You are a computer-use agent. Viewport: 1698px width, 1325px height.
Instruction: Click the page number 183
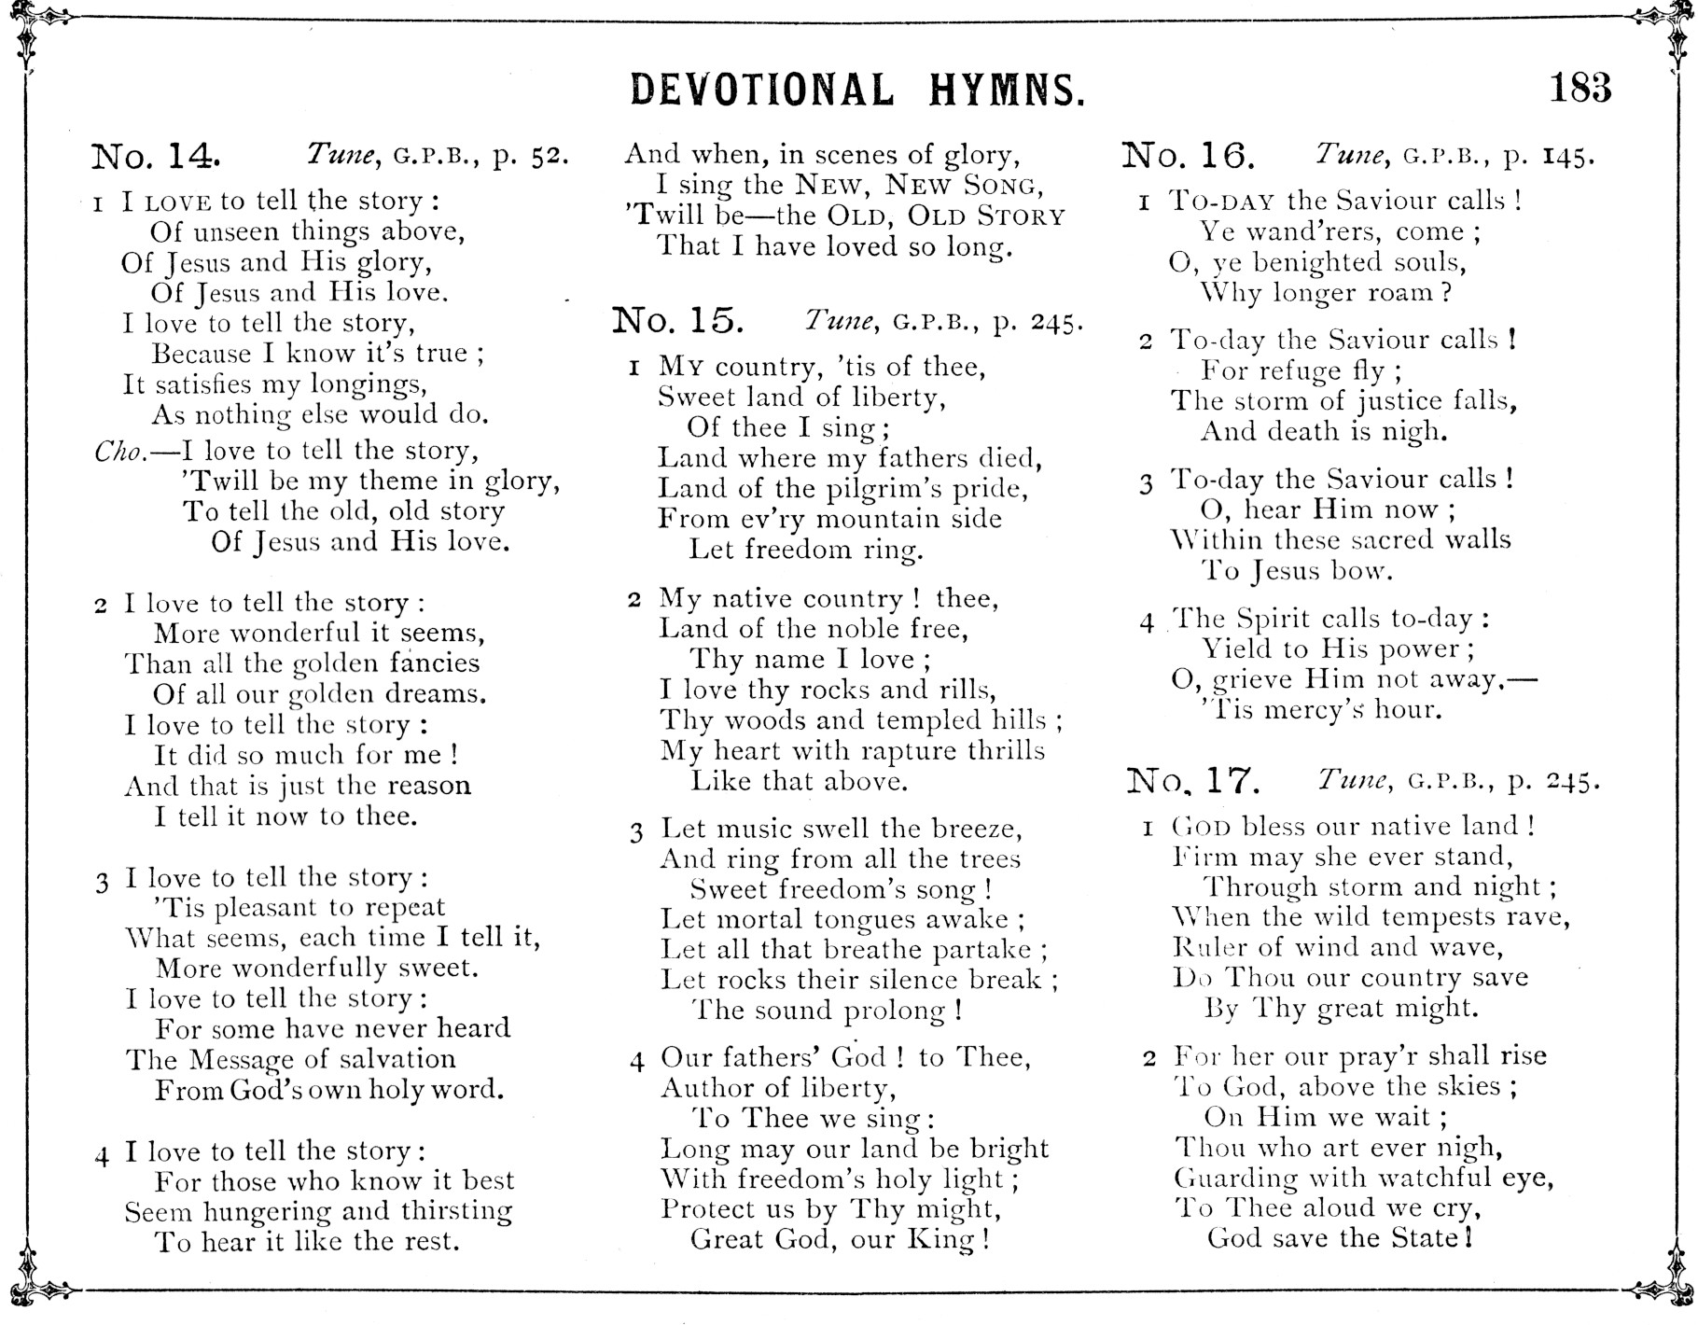pyautogui.click(x=1580, y=89)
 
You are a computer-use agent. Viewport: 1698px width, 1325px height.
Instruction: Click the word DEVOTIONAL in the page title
pyautogui.click(x=761, y=91)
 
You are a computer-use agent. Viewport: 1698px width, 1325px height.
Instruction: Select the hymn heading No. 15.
pyautogui.click(x=678, y=321)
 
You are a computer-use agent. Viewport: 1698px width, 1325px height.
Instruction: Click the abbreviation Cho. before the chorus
pyautogui.click(x=119, y=452)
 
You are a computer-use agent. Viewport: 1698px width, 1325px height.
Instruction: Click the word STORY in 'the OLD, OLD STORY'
pyautogui.click(x=1020, y=216)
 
